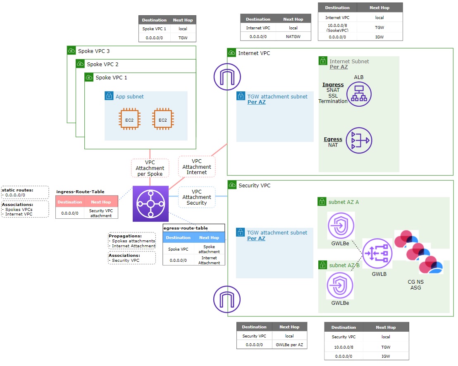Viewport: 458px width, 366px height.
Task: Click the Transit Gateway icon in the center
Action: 150,203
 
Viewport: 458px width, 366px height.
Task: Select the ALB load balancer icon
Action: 359,94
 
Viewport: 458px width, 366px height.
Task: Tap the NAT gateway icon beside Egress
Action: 359,140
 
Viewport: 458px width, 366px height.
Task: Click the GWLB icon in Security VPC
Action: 378,253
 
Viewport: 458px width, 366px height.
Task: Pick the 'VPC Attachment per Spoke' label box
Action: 150,168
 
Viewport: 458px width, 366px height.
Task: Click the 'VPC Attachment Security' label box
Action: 197,197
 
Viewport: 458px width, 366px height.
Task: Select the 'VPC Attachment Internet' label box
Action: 197,167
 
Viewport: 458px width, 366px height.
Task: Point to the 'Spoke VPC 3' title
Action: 94,51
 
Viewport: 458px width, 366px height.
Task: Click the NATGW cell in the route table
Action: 293,36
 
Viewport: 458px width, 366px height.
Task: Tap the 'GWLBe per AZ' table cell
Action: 289,344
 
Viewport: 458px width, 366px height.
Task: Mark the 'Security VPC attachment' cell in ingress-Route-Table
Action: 101,213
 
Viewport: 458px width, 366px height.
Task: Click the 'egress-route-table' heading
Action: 186,228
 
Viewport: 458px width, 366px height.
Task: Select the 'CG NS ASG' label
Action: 415,285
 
